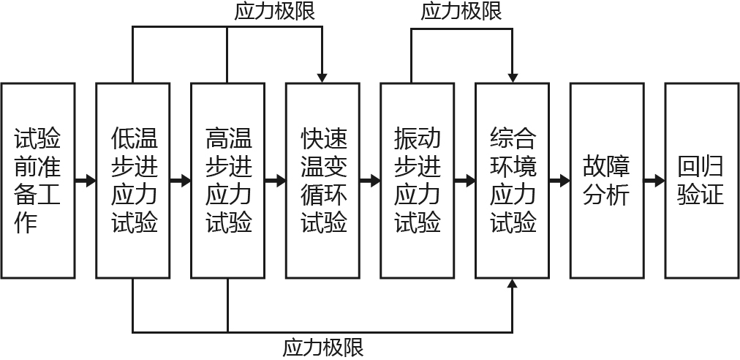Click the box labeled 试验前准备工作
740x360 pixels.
(38, 180)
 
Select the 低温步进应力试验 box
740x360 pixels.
(133, 180)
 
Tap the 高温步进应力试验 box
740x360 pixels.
(227, 180)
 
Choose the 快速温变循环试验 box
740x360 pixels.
(322, 180)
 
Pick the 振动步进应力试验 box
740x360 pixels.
(417, 180)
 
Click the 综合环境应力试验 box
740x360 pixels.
(512, 180)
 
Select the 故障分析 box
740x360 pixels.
(606, 180)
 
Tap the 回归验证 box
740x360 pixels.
(701, 180)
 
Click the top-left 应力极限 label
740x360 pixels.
(275, 11)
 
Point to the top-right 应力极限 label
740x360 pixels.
(462, 11)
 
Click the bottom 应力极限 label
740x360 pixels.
(323, 347)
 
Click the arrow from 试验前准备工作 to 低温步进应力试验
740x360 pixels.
(86, 180)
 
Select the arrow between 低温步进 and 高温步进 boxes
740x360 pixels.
(181, 180)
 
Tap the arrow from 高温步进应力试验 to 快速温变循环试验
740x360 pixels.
(275, 180)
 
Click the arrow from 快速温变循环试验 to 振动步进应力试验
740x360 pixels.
(370, 180)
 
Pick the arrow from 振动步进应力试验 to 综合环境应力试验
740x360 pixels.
(464, 180)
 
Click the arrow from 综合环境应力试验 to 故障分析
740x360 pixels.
(559, 180)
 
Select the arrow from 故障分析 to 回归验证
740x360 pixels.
(654, 180)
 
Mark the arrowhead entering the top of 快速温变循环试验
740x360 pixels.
(322, 77)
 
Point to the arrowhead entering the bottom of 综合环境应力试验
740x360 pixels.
(512, 285)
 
